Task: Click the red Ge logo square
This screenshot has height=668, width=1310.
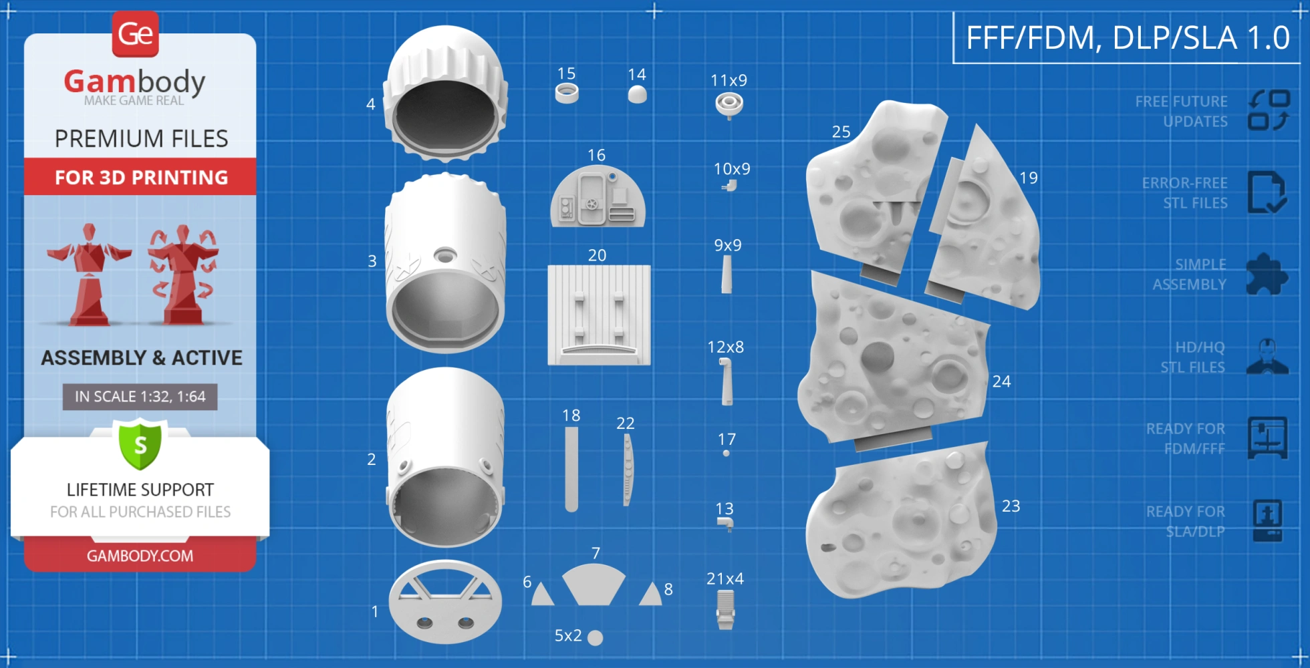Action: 136,33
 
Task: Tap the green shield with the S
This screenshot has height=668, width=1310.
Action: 140,444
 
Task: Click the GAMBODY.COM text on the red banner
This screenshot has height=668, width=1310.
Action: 140,556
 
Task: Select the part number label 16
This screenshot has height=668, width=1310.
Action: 596,155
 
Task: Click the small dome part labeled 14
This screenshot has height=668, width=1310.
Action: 638,94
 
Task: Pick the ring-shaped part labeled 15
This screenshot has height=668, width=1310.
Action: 567,93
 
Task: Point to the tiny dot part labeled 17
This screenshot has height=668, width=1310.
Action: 726,454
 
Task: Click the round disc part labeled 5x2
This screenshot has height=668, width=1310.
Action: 595,638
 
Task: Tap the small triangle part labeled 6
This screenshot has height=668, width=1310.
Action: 542,594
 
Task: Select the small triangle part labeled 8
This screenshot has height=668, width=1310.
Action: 650,594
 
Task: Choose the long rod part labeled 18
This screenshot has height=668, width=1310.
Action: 571,469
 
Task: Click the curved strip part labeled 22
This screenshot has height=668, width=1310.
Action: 627,470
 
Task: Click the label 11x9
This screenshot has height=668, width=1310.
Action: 729,80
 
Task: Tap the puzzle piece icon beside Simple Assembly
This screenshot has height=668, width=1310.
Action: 1267,274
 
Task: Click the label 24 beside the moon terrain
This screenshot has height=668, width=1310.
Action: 1001,381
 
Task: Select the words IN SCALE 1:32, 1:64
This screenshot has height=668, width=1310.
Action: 140,397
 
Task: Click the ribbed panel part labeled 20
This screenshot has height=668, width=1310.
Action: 599,315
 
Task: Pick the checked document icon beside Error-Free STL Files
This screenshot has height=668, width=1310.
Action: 1267,192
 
